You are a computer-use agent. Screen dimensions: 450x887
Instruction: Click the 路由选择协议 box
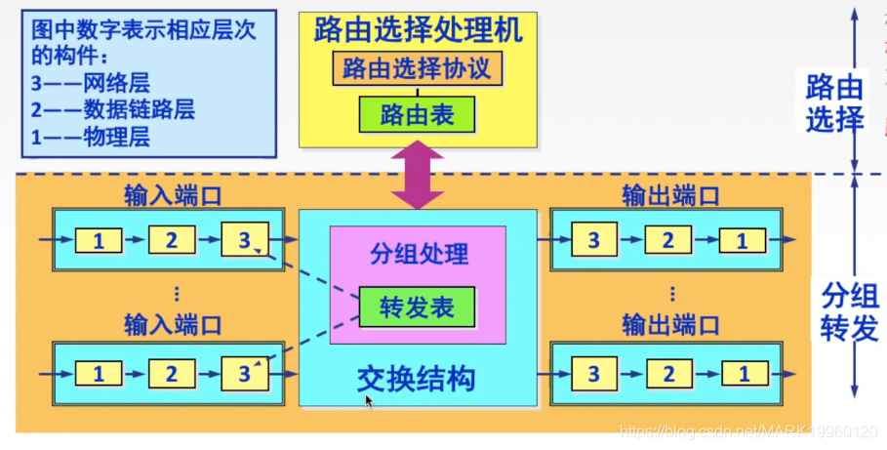tap(418, 69)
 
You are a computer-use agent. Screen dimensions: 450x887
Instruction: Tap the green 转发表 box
tap(417, 307)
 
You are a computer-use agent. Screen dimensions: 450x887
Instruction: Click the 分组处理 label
tap(419, 255)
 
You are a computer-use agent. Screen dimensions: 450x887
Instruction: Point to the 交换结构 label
tap(418, 378)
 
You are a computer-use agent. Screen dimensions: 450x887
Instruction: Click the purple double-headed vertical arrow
tap(418, 173)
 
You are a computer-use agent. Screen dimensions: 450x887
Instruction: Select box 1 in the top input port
tap(99, 238)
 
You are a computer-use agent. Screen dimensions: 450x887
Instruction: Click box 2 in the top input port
tap(172, 238)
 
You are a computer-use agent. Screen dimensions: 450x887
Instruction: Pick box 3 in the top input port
tap(244, 238)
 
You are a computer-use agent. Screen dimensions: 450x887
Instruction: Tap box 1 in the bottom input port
tap(99, 372)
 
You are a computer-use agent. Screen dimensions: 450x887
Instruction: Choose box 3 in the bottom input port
tap(244, 372)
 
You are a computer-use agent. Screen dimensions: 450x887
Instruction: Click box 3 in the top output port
tap(593, 238)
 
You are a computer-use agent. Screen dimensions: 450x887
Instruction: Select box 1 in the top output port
tap(744, 238)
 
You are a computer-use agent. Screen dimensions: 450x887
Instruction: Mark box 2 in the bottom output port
tap(668, 372)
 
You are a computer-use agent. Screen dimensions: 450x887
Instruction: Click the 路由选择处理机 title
tap(418, 30)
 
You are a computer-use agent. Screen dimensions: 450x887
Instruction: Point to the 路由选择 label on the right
tap(834, 104)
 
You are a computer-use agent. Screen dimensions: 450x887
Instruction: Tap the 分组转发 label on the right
tap(835, 312)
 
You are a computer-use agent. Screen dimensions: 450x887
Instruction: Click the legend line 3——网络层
tap(90, 83)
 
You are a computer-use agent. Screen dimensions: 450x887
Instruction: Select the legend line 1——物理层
tap(90, 137)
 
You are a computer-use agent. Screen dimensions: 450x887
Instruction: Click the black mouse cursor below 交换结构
tap(369, 401)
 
